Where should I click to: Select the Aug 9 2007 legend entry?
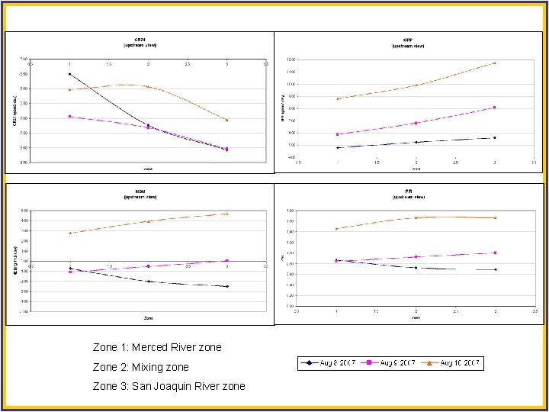(396, 363)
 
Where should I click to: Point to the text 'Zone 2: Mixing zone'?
(141, 367)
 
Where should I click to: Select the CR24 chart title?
(147, 40)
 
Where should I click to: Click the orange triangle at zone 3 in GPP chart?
(494, 63)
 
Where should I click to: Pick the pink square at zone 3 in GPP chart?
(494, 108)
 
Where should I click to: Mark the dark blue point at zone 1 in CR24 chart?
(69, 74)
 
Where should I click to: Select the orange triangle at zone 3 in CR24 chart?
(226, 120)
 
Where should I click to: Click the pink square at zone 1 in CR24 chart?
(69, 116)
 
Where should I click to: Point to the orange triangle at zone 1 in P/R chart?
(336, 228)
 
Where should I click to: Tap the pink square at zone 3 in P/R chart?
(495, 253)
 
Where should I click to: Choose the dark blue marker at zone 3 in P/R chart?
(495, 269)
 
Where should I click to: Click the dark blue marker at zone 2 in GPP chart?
(416, 142)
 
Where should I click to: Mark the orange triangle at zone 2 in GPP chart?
(416, 85)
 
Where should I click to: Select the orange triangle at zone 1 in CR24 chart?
(69, 89)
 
